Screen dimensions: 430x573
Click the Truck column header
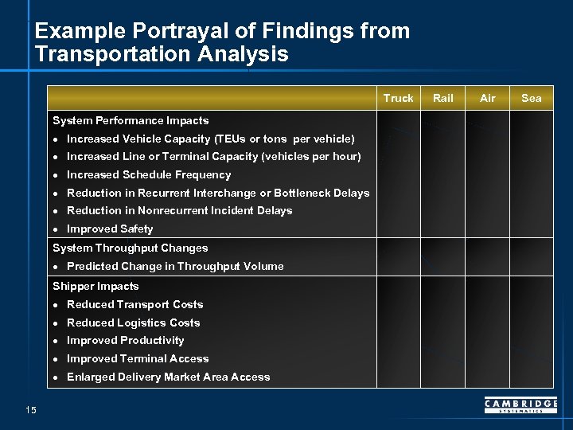pos(398,98)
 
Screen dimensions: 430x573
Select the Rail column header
pos(442,98)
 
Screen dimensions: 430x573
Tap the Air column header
pos(487,98)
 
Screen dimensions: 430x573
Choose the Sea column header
pos(531,98)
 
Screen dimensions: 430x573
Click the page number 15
pos(30,410)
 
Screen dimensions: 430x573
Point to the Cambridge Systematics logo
pos(520,406)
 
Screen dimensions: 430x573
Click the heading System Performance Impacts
pos(131,121)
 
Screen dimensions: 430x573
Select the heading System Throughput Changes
pos(130,248)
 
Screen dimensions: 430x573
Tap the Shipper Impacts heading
pos(95,287)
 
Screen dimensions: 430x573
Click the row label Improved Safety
pos(110,229)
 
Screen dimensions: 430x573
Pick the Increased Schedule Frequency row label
pos(149,175)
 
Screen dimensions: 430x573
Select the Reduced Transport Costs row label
pos(134,305)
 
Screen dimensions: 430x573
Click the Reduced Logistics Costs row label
pos(133,323)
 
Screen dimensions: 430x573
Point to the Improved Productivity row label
pos(125,341)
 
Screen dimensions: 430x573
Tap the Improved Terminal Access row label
pos(138,359)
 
